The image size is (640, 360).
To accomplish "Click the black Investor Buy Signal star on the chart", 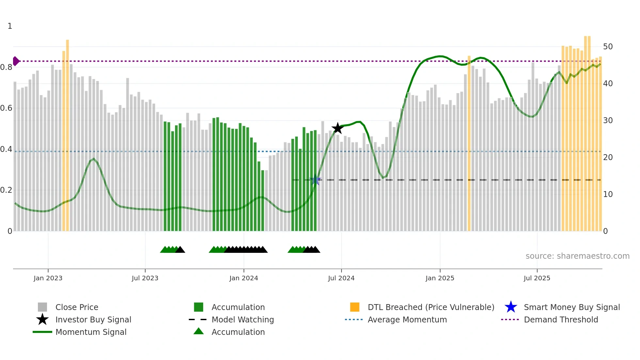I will [337, 128].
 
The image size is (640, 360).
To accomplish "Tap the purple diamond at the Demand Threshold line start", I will [16, 61].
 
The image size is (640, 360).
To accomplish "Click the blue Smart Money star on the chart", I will [315, 180].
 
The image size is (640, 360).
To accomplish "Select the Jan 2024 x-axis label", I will [244, 278].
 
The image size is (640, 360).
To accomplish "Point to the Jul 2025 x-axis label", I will [537, 278].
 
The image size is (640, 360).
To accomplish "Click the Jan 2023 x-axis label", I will [48, 278].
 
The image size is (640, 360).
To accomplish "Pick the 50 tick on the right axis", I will [608, 47].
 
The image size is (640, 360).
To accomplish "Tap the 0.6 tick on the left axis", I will [6, 108].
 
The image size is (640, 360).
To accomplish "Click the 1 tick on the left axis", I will [10, 26].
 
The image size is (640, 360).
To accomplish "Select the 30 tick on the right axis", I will [608, 121].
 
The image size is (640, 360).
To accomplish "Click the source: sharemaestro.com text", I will [577, 256].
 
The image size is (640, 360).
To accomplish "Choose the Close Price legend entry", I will [77, 307].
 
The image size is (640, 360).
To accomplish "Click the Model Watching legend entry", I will [243, 319].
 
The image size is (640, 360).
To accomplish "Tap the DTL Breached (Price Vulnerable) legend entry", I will [431, 307].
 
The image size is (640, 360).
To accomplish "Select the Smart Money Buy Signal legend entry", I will [571, 307].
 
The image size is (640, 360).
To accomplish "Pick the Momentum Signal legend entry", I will [91, 332].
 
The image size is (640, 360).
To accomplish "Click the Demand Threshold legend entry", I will [561, 319].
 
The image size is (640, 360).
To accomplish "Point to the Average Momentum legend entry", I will [407, 319].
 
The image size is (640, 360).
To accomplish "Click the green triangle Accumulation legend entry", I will [238, 332].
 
